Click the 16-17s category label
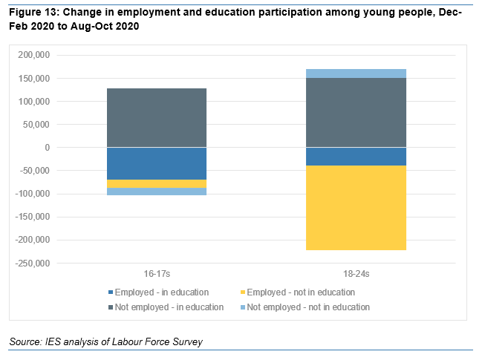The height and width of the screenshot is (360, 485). click(156, 274)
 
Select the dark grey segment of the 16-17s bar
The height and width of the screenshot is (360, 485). click(156, 118)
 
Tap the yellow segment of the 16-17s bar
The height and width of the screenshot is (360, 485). click(156, 183)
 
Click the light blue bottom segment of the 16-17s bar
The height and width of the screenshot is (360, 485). click(156, 192)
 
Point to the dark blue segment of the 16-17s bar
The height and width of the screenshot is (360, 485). click(156, 163)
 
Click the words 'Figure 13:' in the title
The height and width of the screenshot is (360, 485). click(33, 13)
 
